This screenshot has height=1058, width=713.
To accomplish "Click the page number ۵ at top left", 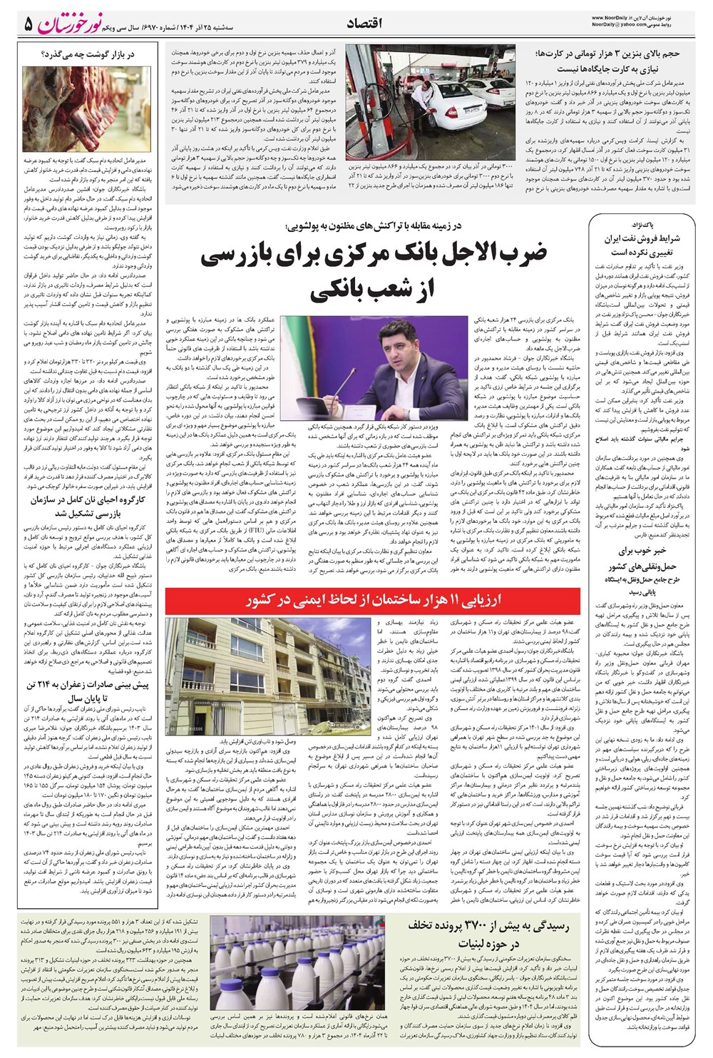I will point(28,24).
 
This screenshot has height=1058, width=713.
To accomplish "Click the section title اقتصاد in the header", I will point(364,23).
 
